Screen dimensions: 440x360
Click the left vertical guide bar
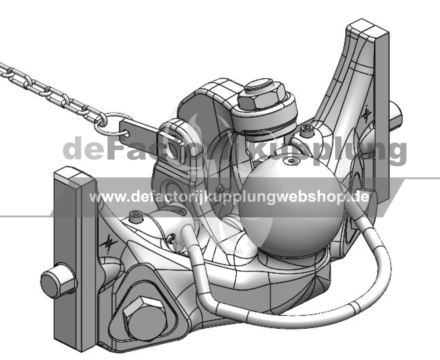click(x=75, y=258)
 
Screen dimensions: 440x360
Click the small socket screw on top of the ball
click(x=291, y=161)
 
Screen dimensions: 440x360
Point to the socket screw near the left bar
click(x=136, y=217)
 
